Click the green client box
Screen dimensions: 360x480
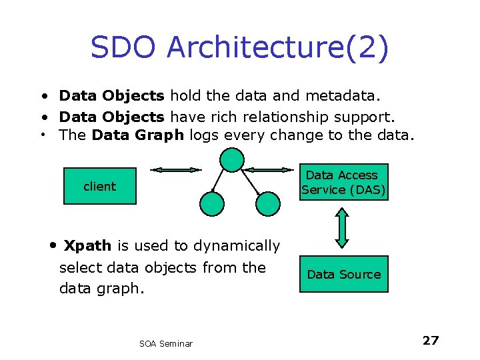(x=99, y=187)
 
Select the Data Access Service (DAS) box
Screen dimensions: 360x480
(x=343, y=182)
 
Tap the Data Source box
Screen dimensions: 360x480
(x=343, y=274)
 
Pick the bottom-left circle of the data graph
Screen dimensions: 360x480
(x=213, y=203)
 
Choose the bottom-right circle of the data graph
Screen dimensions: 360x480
(x=268, y=203)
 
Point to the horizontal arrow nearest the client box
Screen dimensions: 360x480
(x=176, y=170)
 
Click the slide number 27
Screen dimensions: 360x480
(x=431, y=341)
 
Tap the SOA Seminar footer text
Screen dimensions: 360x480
(x=166, y=343)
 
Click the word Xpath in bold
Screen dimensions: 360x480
(x=87, y=246)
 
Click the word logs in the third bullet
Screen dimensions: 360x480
(x=205, y=136)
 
